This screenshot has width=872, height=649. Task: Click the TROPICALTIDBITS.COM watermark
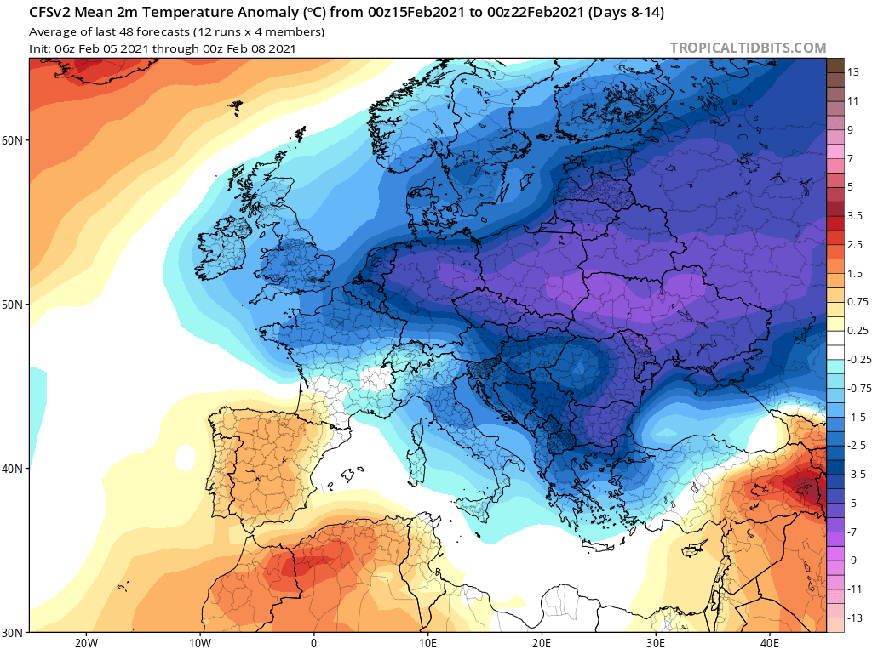click(748, 48)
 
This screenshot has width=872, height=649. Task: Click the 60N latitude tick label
click(12, 140)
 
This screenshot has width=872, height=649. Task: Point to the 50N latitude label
click(12, 305)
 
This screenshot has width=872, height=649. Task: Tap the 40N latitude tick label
click(12, 469)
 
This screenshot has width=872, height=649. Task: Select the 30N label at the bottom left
click(12, 633)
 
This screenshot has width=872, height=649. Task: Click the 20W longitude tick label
click(86, 643)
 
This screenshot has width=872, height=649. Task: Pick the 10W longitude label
click(199, 643)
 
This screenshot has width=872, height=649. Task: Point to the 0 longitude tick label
click(313, 643)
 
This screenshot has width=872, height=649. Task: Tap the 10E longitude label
click(427, 643)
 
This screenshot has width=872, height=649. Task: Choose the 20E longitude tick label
click(542, 643)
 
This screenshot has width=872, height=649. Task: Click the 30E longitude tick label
click(656, 643)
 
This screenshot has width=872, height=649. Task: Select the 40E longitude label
click(770, 643)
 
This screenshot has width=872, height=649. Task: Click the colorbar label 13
click(853, 72)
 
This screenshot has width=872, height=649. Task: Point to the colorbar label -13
click(855, 618)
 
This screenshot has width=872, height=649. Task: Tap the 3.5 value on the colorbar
click(855, 215)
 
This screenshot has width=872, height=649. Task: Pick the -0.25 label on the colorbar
click(859, 360)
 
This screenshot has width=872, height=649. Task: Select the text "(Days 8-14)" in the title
click(626, 13)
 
